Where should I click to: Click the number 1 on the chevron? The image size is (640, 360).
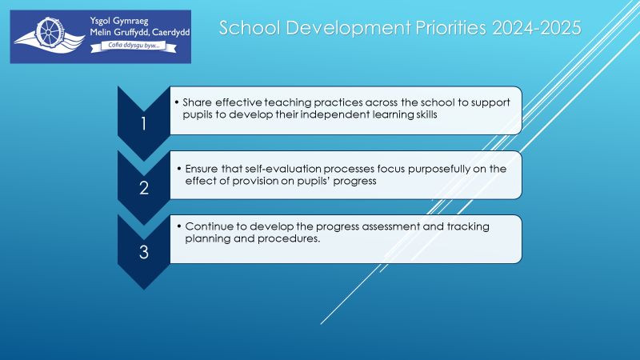143,124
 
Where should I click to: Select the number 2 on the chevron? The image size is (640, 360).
144,188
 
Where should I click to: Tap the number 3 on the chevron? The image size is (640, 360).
144,252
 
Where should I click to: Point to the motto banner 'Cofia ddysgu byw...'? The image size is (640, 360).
134,46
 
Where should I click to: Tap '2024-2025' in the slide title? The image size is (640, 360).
536,28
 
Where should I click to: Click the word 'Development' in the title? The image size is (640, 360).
348,28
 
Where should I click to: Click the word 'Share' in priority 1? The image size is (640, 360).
197,102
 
